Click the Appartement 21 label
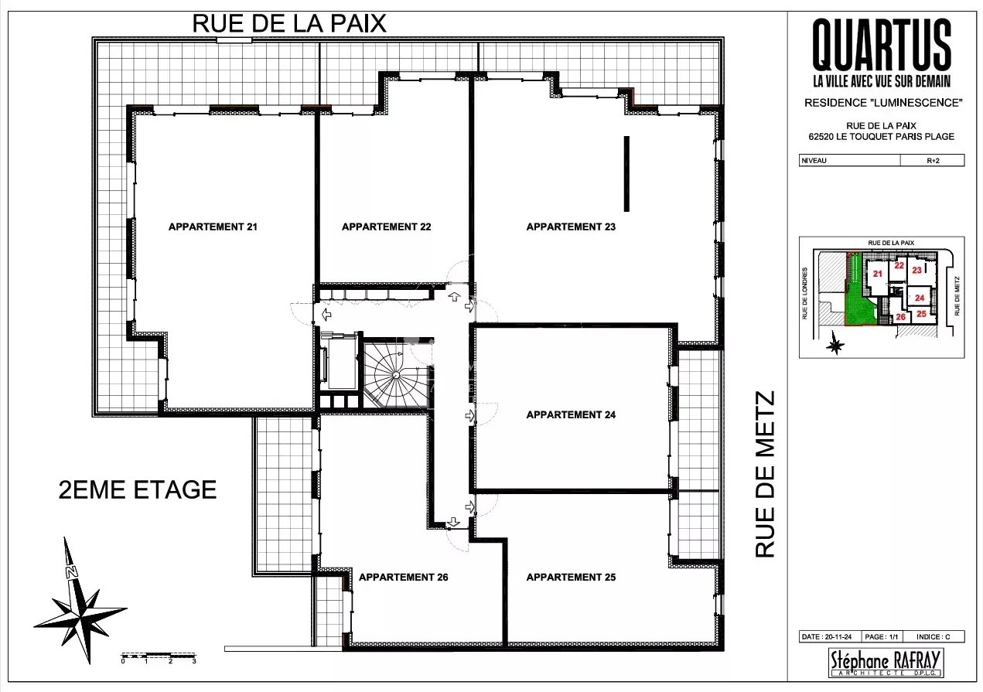213,227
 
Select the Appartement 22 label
386,227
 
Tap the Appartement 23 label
571,227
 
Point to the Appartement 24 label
571,414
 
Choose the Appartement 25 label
571,577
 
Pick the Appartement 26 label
403,577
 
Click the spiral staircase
396,374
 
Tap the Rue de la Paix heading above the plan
289,24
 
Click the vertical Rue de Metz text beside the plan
765,475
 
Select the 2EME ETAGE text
138,489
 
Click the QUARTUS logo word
882,44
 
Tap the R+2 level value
933,161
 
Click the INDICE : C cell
934,636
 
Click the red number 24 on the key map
920,298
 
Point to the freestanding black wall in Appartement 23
626,174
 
